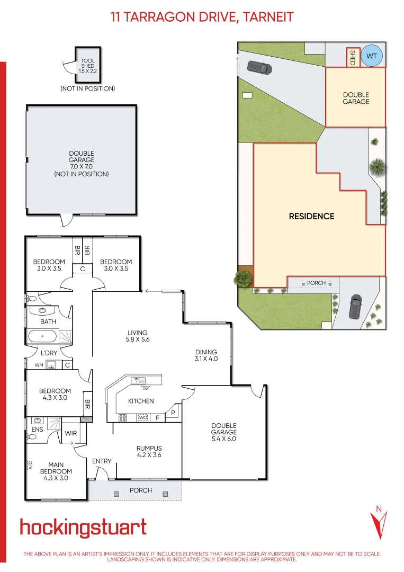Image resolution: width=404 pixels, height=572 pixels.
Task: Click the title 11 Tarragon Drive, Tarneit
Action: point(202,17)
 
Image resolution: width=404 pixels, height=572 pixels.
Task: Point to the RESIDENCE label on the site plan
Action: point(311,216)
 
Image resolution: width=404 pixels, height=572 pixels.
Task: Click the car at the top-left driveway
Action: point(259,67)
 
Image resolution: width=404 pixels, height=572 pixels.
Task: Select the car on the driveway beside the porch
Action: point(354,306)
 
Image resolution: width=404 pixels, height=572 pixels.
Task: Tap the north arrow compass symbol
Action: point(378,522)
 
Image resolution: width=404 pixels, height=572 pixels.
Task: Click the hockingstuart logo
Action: point(83,528)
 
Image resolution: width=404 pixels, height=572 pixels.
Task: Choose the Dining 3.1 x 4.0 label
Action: point(206,355)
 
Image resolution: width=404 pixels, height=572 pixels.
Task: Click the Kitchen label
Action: point(141,401)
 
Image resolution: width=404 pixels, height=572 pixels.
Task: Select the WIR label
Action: point(71,433)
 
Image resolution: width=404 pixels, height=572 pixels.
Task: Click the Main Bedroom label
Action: point(56,471)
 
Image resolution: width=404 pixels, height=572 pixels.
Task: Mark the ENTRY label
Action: point(102,461)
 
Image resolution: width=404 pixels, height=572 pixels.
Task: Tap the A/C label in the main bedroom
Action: point(31,466)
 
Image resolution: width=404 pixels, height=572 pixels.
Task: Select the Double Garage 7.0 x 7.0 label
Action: point(81,164)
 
